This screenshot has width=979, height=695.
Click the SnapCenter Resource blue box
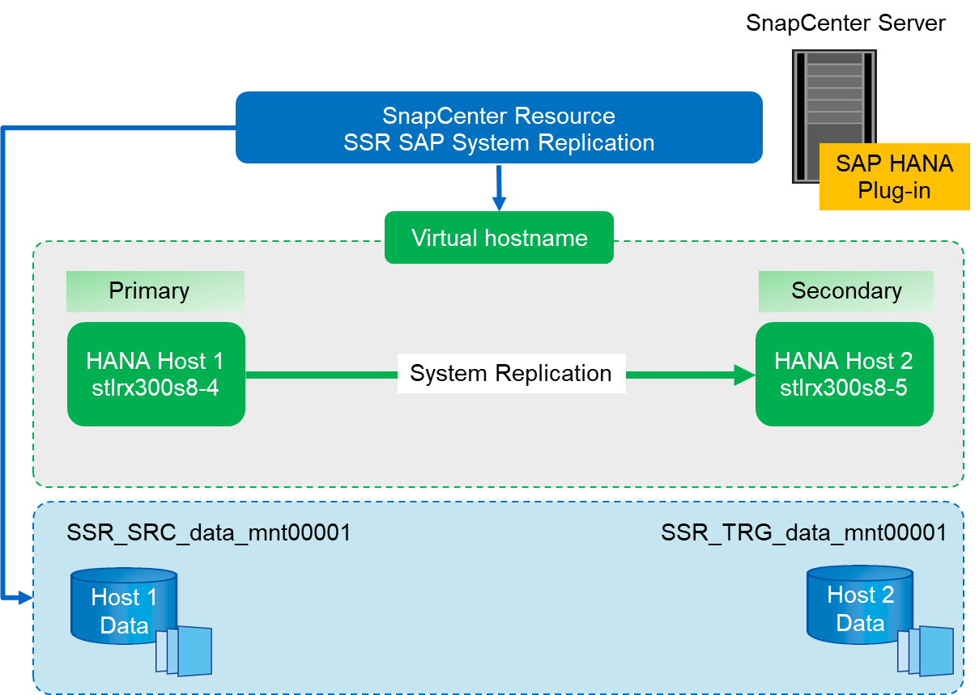(x=499, y=127)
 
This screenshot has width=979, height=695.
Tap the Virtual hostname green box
(x=499, y=238)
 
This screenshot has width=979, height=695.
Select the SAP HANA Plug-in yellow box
(x=894, y=176)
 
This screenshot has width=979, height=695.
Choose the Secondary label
(x=846, y=291)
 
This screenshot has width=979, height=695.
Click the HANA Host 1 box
(x=156, y=374)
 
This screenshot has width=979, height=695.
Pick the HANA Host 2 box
(x=844, y=374)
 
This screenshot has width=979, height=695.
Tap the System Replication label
(x=511, y=374)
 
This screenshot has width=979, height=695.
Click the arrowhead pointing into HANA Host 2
(x=744, y=374)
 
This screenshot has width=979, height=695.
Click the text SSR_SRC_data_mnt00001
(x=209, y=532)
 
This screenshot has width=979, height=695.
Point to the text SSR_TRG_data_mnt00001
(x=803, y=532)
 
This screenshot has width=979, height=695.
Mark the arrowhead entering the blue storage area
(x=25, y=598)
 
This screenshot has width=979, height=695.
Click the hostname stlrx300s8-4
(x=156, y=388)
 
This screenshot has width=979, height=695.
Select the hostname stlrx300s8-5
(x=844, y=388)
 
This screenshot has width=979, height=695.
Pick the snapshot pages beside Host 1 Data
(x=186, y=651)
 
